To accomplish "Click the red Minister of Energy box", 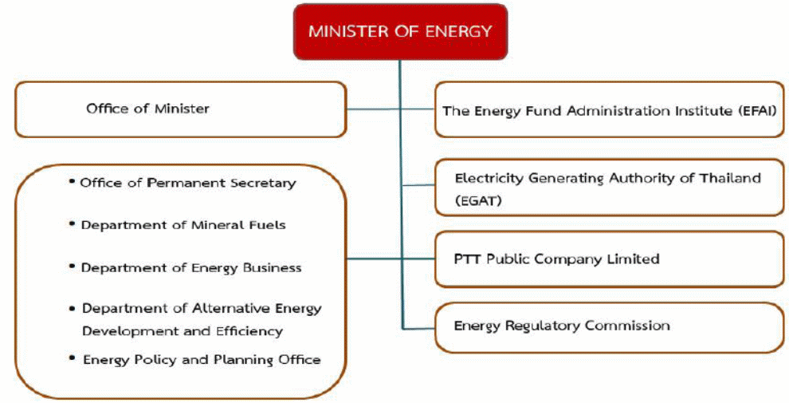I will pos(399,32).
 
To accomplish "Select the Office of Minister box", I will pos(181,109).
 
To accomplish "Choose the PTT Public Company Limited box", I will pos(609,259).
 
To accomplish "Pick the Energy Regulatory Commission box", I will pos(609,326).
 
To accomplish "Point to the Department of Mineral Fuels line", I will pos(183,225).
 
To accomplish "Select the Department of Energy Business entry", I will pos(190,267).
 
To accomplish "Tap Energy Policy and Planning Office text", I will pos(201,359).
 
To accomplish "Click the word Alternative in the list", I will pos(234,309).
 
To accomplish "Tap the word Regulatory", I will pos(543,326).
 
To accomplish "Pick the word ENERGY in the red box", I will pos(459,32).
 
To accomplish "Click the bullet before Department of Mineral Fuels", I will pos(73,223).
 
